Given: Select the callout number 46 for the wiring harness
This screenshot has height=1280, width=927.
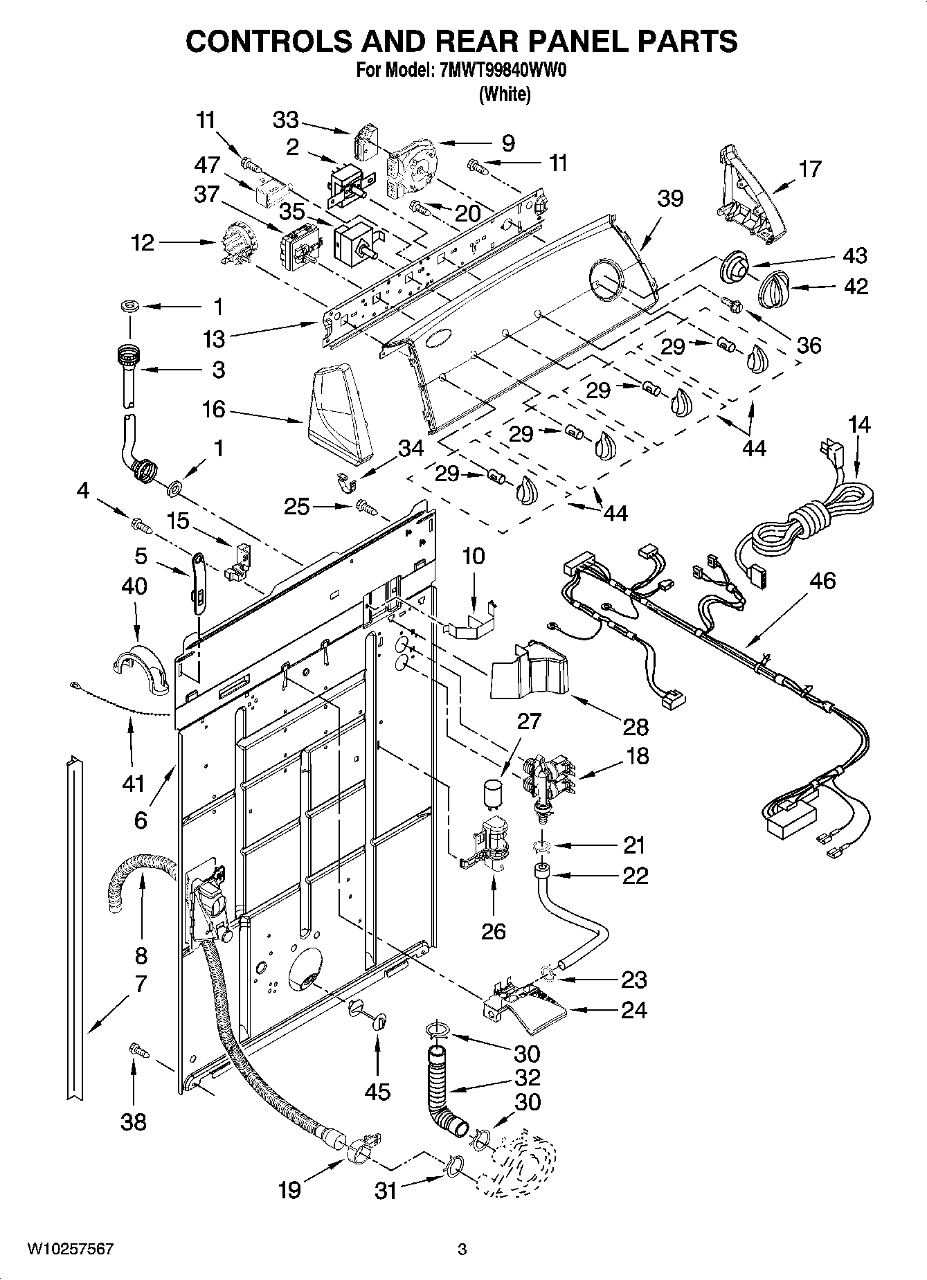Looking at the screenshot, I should [x=824, y=581].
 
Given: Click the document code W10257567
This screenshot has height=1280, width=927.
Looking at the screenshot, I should [x=70, y=1250].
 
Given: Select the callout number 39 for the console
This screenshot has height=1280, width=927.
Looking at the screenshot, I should [x=670, y=199].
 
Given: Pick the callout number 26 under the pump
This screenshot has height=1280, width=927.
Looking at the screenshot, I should [x=494, y=931].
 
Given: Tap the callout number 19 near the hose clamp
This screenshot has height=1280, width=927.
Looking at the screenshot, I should [x=289, y=1191].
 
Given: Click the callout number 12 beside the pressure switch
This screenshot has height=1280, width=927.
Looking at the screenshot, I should [x=143, y=243].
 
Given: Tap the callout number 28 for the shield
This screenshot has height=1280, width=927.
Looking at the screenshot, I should [x=636, y=727].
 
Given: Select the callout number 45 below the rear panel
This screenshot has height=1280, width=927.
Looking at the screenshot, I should [x=377, y=1092].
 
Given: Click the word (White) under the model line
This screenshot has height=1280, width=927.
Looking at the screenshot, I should [x=505, y=94].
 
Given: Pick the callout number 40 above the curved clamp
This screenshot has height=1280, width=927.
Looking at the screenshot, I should [x=134, y=586].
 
